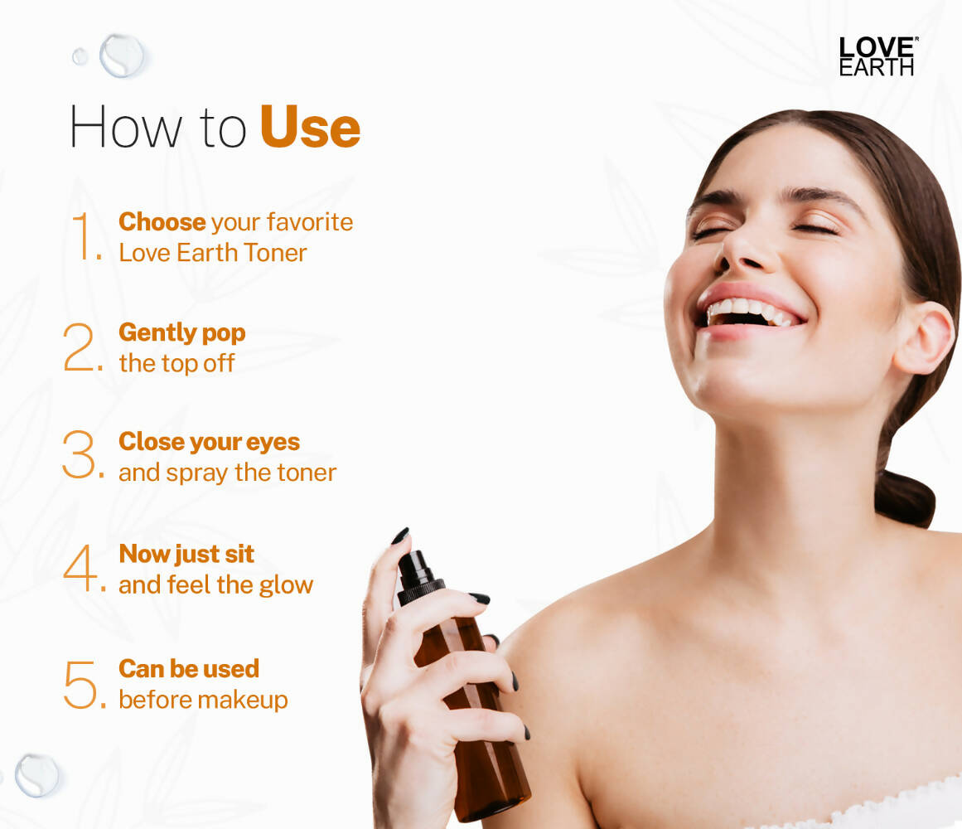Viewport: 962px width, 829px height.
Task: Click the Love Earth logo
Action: click(877, 56)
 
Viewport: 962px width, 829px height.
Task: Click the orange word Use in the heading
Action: click(310, 128)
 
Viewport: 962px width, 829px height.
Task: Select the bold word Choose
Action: click(162, 222)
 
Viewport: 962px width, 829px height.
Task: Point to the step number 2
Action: click(81, 347)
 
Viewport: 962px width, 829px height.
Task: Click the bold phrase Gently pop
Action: click(181, 332)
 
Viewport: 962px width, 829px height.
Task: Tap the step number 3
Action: click(81, 457)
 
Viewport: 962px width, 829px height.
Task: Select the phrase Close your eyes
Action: click(209, 442)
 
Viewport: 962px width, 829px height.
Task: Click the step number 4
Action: click(82, 570)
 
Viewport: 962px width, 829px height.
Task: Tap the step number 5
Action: click(82, 684)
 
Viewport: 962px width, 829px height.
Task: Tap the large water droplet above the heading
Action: click(121, 56)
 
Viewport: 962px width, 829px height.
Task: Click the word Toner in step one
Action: click(273, 253)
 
